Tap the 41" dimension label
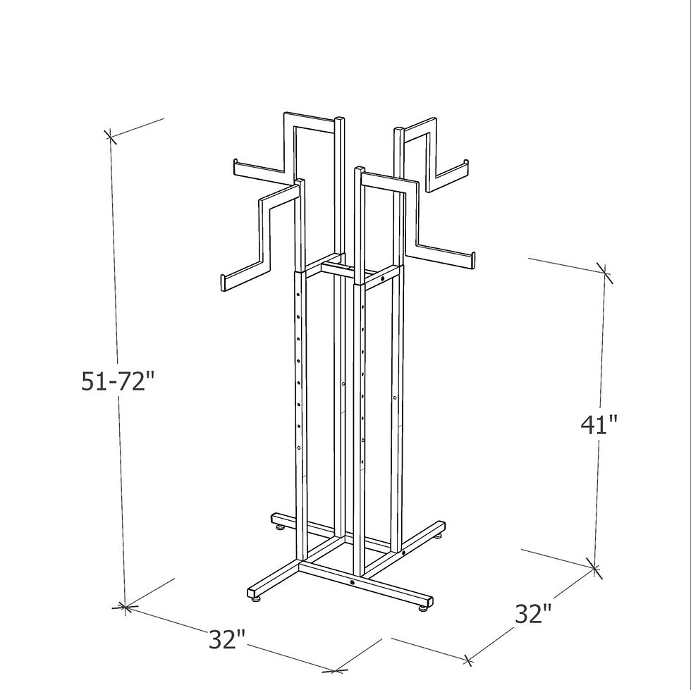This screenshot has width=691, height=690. click(x=599, y=424)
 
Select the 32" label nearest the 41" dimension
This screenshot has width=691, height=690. click(x=533, y=613)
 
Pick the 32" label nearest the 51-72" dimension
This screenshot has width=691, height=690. click(x=227, y=640)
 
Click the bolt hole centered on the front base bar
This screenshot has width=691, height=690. click(x=353, y=583)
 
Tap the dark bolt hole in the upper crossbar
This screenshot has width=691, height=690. click(x=383, y=280)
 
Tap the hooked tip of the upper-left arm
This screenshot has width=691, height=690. click(x=235, y=167)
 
